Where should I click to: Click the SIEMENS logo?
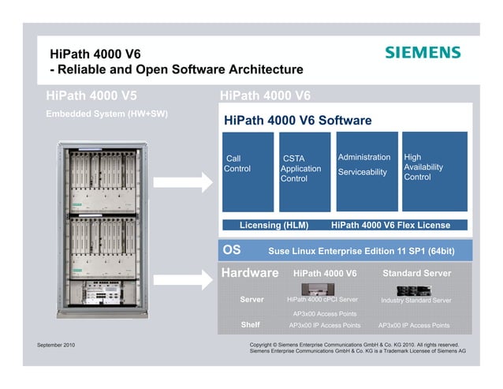pos(422,52)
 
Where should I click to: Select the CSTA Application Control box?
pos(304,172)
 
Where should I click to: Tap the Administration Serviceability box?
pos(364,172)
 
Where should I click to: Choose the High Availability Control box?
pos(434,172)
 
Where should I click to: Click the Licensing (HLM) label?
pos(274,225)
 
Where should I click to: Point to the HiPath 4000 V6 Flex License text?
pos(390,225)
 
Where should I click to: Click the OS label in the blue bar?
pos(232,250)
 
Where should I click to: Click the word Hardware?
pos(250,273)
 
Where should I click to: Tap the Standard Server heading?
pos(416,273)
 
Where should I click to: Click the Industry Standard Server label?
pos(415,301)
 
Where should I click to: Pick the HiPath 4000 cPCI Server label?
pos(322,300)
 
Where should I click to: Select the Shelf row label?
pos(250,324)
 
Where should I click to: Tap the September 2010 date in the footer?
pos(56,345)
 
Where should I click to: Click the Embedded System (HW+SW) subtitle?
pos(106,114)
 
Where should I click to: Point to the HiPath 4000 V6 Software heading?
pos(297,121)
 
